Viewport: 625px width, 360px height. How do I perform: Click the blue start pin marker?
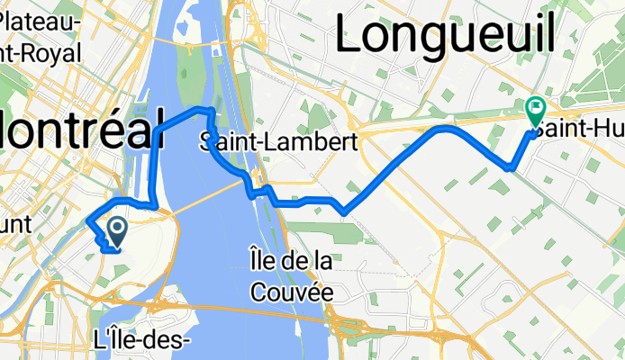point(117,231)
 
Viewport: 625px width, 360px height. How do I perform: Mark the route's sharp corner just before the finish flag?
point(511,167)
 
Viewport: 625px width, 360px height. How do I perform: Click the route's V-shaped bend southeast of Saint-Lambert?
point(343,212)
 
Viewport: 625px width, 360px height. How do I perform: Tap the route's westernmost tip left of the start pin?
point(86,218)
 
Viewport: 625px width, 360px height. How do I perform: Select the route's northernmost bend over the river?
point(203,108)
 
